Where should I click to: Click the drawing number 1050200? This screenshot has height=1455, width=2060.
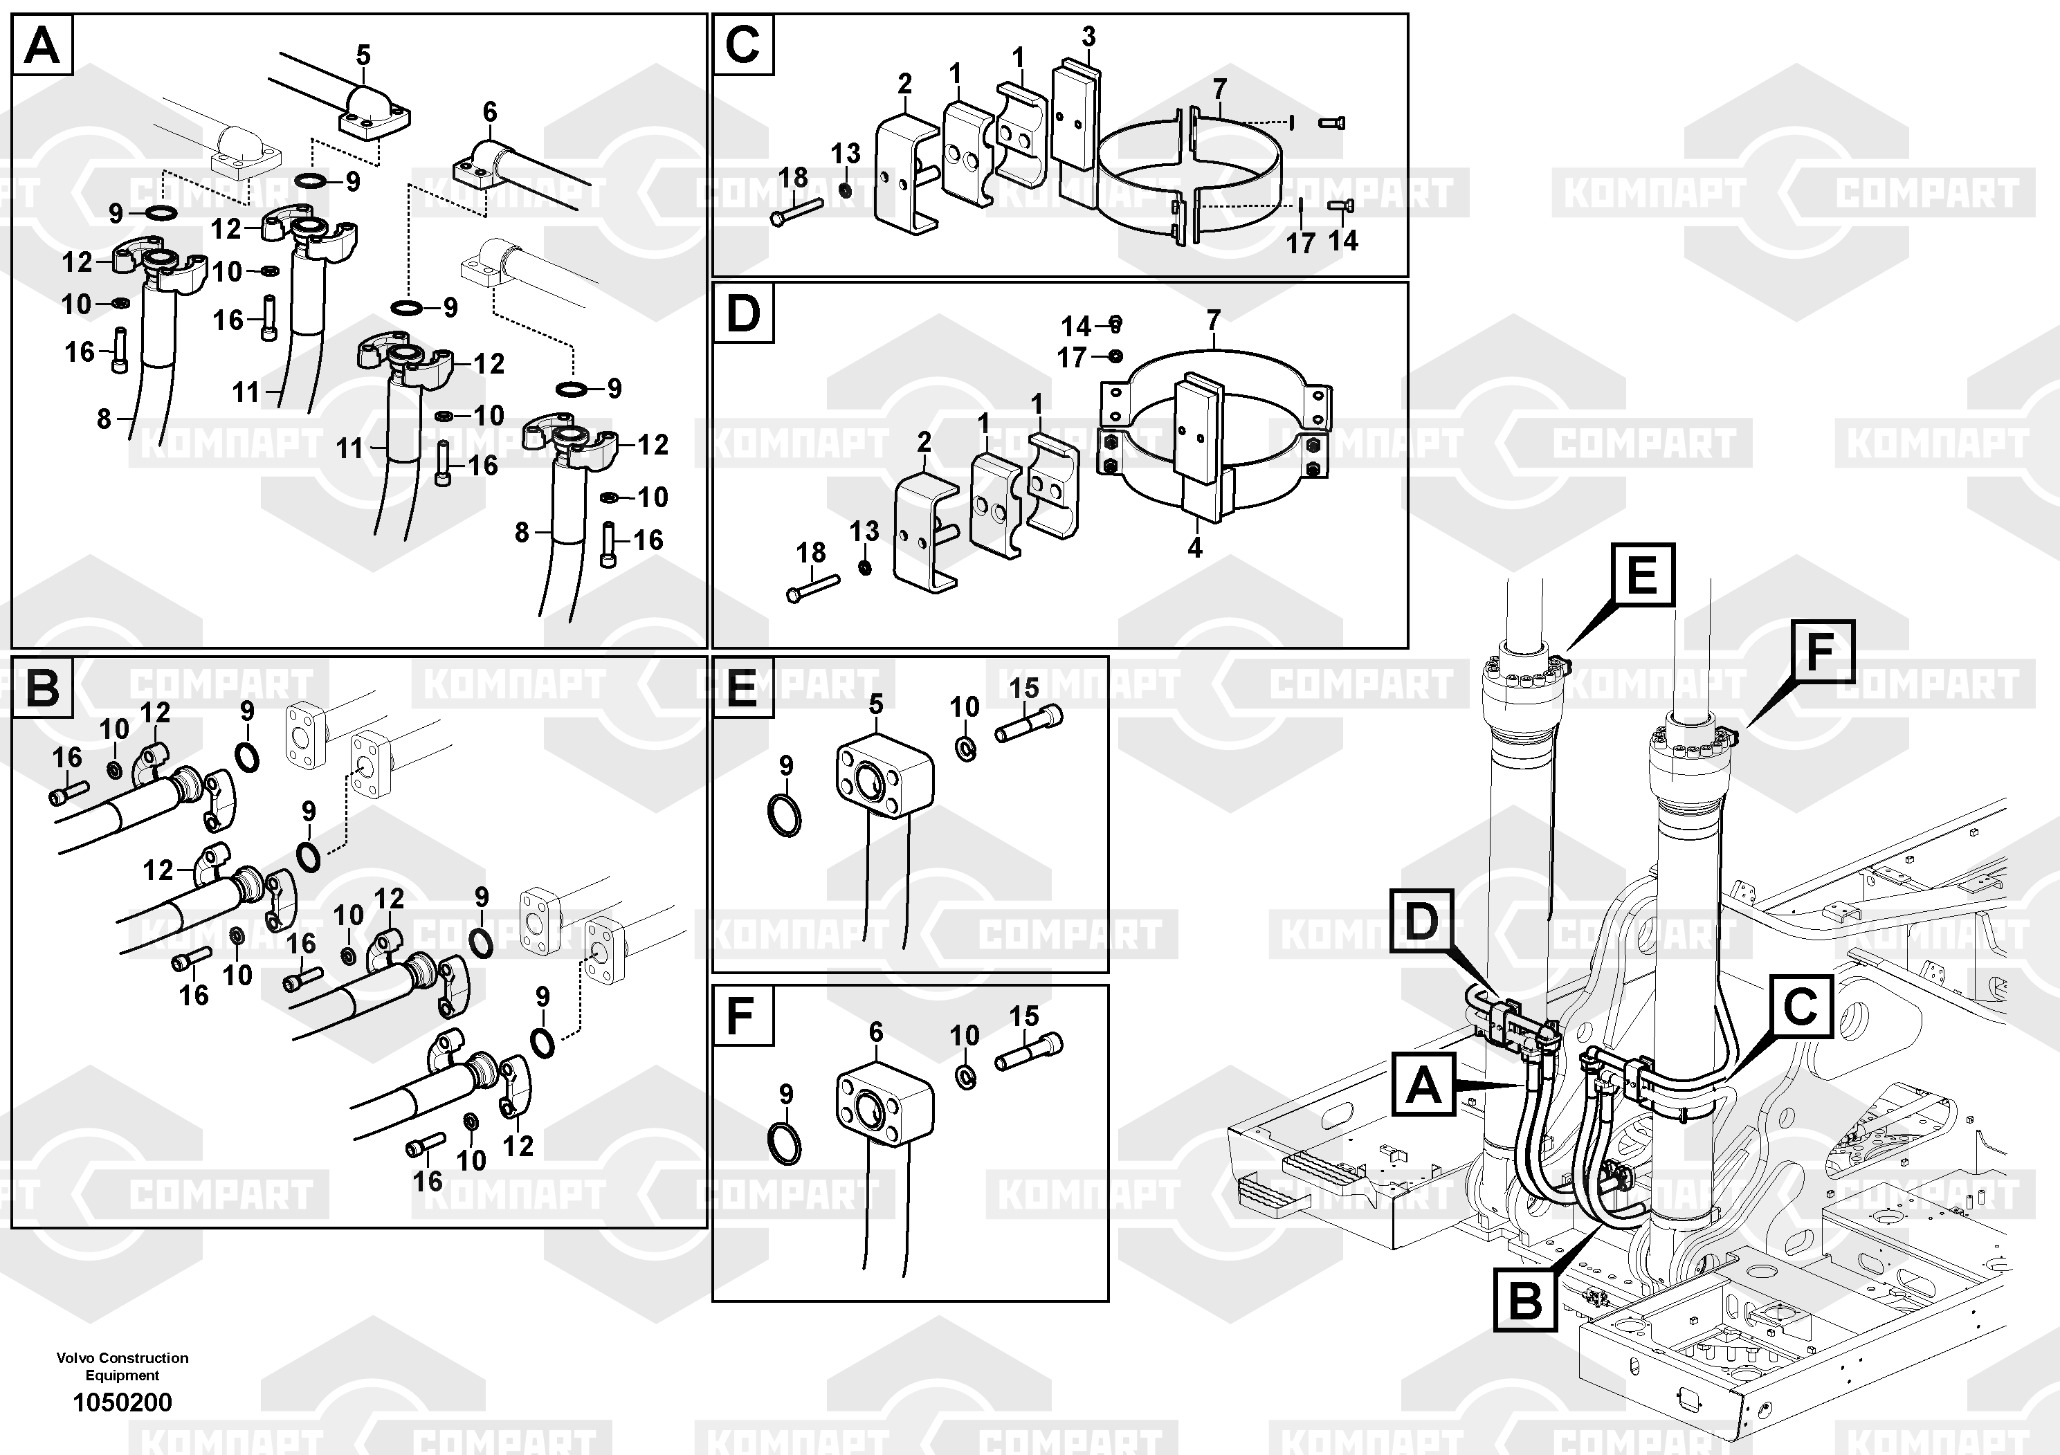(x=122, y=1402)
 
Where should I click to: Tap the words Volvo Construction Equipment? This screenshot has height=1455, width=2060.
(x=122, y=1366)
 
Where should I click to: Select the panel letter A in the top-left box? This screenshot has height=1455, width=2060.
(x=42, y=45)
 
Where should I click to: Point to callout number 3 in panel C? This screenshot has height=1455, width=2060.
(x=1088, y=37)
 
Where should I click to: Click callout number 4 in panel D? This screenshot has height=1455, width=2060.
(x=1194, y=547)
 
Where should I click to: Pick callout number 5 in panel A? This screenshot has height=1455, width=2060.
(x=363, y=55)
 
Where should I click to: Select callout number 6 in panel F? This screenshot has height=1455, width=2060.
(x=875, y=1032)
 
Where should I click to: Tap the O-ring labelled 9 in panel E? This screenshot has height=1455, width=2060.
(x=785, y=816)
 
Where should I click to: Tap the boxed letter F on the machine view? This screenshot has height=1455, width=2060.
(x=1819, y=651)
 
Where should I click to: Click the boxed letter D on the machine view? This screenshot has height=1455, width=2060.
(x=1421, y=919)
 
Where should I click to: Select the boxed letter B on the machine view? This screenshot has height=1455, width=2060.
(x=1525, y=1299)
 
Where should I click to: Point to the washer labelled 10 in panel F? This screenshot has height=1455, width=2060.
(x=965, y=1077)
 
